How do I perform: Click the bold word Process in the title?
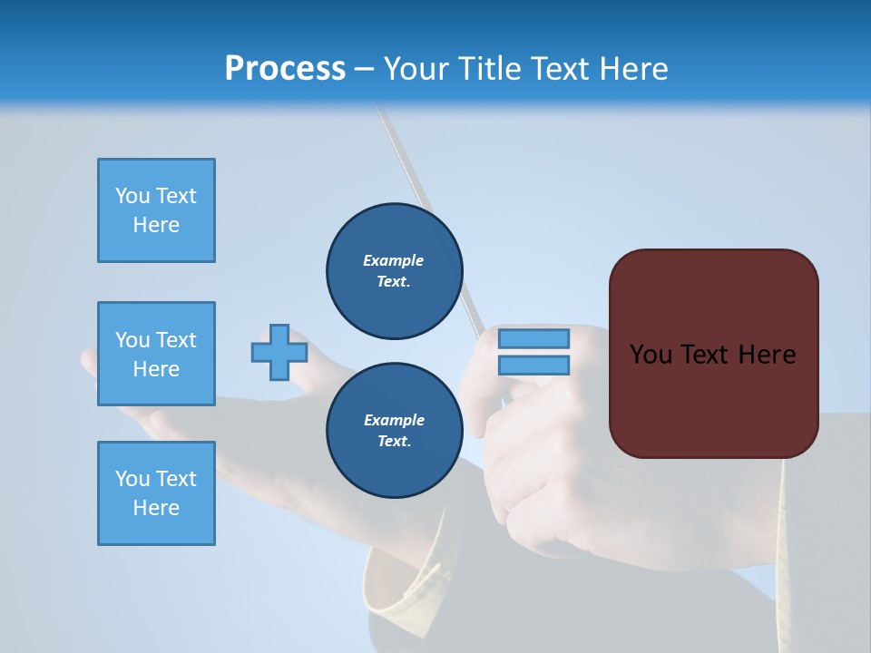[x=285, y=69]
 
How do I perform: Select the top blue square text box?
[x=156, y=210]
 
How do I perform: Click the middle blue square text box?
[x=156, y=354]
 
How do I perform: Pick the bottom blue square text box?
[x=156, y=493]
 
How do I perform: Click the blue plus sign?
[x=279, y=352]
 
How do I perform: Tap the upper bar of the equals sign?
[x=533, y=338]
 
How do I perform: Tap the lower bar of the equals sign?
[x=533, y=365]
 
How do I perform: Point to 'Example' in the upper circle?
[x=394, y=260]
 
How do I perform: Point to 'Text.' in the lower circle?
[x=394, y=442]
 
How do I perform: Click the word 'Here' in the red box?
[x=768, y=355]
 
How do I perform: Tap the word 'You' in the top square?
[x=132, y=196]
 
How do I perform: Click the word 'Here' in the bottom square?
[x=156, y=508]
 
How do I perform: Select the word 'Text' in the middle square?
[x=176, y=340]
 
